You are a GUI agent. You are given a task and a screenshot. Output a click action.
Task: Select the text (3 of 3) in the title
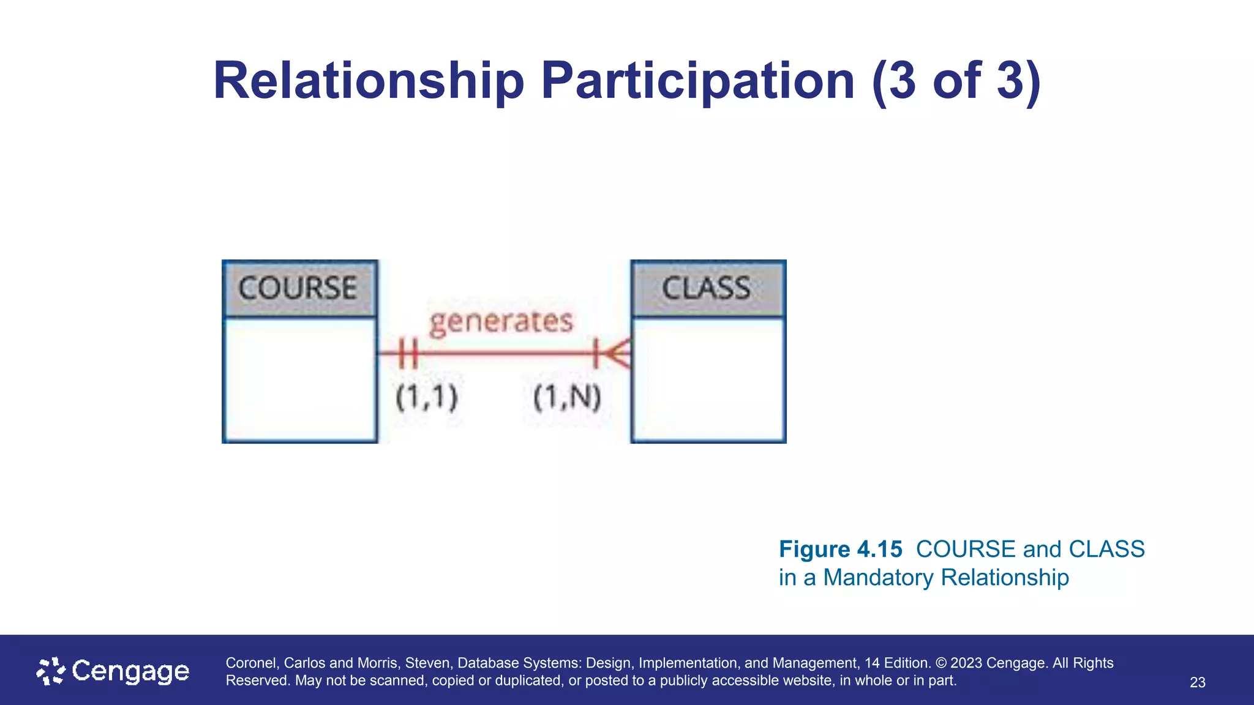click(x=956, y=81)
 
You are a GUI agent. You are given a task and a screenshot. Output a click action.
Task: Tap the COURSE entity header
click(x=299, y=288)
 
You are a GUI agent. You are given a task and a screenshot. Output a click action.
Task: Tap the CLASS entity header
click(x=707, y=288)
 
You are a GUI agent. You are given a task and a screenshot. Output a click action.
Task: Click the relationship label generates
click(x=501, y=321)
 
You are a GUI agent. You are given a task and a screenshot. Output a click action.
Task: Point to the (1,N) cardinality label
click(x=567, y=397)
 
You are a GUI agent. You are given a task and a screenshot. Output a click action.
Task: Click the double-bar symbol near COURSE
click(x=408, y=353)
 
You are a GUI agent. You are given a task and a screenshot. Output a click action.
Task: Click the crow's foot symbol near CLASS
click(x=614, y=353)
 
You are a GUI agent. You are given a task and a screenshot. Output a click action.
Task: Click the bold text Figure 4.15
click(x=840, y=549)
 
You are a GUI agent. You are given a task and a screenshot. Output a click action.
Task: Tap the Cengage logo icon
click(x=51, y=671)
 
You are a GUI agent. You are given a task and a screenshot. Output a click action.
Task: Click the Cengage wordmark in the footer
click(x=130, y=671)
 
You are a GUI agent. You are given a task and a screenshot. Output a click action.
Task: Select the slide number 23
click(x=1197, y=682)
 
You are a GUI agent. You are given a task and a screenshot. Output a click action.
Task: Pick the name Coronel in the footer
click(x=250, y=663)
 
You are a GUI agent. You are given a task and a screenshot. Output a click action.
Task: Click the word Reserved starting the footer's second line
click(x=258, y=681)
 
